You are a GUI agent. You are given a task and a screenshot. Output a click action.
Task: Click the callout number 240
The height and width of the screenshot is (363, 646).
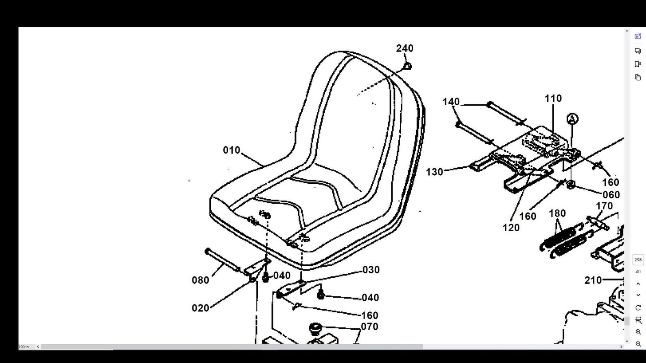pos(405,48)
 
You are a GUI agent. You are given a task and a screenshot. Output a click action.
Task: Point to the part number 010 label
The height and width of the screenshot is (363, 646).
pos(231,150)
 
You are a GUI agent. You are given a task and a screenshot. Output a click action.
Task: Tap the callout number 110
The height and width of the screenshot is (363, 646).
pos(553,98)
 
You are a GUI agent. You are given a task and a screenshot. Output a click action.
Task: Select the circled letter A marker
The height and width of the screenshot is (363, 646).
pos(572,119)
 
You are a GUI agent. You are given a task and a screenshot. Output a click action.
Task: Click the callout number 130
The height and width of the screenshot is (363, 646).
pos(434,172)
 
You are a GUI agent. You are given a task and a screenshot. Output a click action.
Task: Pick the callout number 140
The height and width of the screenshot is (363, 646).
pos(451,102)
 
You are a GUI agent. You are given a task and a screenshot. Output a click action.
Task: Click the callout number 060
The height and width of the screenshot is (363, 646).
pos(611,195)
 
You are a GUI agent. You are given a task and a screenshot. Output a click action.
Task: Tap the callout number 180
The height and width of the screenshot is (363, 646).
pos(557,213)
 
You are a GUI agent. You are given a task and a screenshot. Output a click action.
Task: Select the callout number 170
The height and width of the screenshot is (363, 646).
pos(604,206)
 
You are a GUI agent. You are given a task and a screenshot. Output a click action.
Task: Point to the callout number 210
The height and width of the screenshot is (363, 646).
pos(593,280)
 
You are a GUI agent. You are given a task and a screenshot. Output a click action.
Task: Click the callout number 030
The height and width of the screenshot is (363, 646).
pos(371,270)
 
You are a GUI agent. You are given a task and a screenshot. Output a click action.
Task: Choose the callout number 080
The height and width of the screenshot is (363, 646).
pos(201,280)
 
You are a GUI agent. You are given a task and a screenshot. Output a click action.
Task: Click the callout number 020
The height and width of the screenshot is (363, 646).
pos(201,308)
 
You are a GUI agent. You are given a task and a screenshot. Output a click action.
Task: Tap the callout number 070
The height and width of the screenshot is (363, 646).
pos(369,327)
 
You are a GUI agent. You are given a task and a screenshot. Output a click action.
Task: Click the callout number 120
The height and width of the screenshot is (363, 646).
pos(511,228)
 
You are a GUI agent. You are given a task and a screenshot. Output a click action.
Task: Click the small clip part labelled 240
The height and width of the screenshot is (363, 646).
pos(407,66)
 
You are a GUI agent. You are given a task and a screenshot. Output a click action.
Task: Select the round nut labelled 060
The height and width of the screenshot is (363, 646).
pos(571,185)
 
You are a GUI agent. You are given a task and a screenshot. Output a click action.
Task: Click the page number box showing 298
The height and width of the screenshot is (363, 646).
pos(638,260)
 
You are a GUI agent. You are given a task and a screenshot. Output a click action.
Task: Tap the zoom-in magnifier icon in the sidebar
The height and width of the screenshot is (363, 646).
pos(638,332)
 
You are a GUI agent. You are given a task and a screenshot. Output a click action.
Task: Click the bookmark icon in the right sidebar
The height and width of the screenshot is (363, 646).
pos(637,64)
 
